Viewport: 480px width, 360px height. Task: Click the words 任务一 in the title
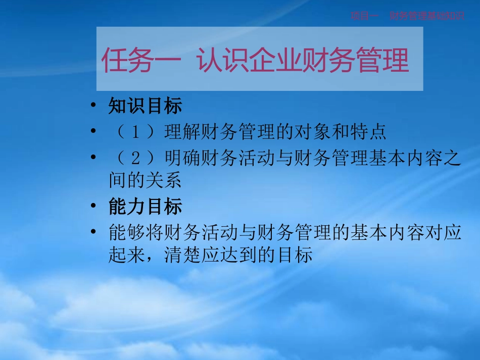140,61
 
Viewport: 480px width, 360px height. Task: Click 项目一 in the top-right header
365,16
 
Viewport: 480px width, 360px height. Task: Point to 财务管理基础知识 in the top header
427,16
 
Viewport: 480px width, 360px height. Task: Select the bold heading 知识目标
146,106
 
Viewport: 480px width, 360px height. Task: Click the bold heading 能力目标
146,207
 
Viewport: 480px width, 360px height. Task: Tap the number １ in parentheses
135,132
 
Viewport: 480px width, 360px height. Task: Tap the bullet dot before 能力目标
93,207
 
